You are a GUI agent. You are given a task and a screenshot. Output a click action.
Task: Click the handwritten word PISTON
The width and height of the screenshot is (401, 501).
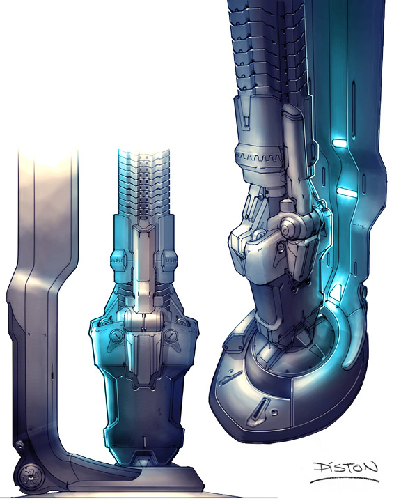tap(345, 468)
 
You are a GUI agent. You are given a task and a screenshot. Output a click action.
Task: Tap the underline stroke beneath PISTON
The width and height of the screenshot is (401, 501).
tap(345, 479)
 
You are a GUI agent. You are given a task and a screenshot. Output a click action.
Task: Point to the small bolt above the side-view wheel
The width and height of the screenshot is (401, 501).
tap(19, 445)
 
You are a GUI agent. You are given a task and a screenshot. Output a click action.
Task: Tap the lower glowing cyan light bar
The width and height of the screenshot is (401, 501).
tap(347, 192)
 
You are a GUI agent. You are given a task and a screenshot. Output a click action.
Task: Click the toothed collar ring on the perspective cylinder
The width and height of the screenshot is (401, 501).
tap(259, 157)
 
